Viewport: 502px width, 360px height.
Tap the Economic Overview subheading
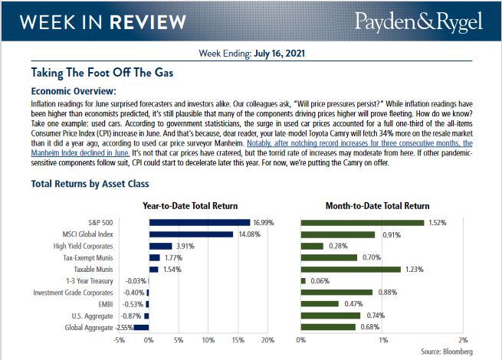coord(73,90)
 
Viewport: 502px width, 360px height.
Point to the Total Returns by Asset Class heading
coord(90,184)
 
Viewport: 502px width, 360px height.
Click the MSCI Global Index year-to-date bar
coord(190,234)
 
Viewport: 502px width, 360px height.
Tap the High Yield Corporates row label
coord(83,246)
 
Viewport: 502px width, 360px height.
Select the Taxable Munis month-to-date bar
coord(350,270)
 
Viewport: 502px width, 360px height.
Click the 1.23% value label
coord(414,270)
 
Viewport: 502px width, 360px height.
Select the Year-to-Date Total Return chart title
coord(190,206)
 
